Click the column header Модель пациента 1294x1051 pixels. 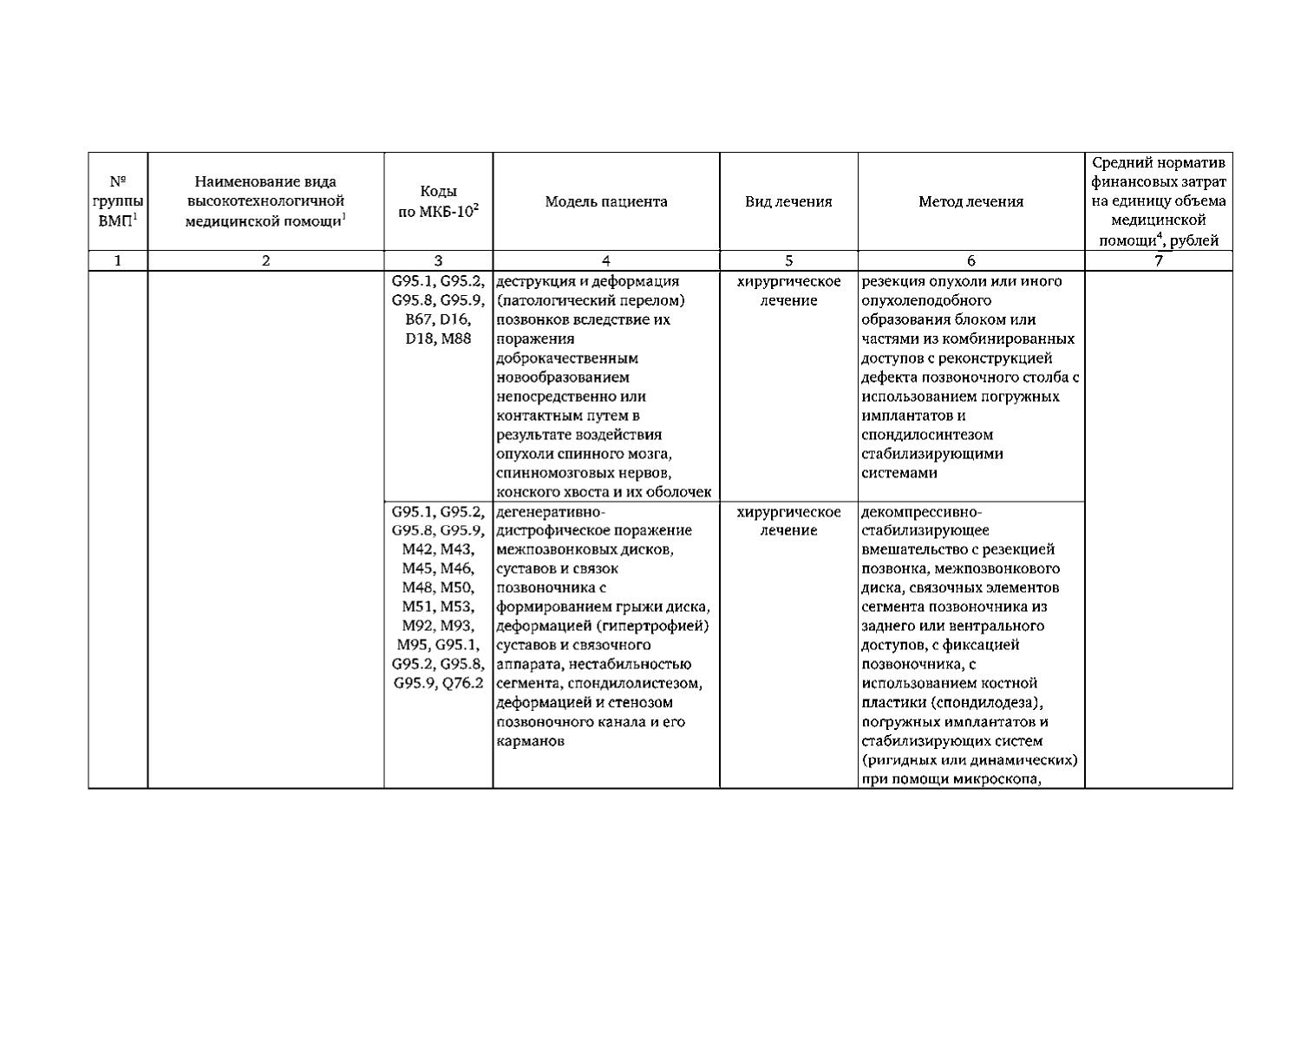click(x=605, y=202)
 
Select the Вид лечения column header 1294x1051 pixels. click(x=788, y=202)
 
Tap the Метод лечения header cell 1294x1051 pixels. click(x=970, y=202)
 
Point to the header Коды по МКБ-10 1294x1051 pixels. click(x=438, y=202)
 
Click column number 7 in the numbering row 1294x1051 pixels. click(x=1158, y=260)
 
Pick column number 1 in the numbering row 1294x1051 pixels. click(x=118, y=260)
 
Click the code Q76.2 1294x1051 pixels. click(x=462, y=683)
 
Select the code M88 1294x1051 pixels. click(x=457, y=338)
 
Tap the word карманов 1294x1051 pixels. click(x=530, y=741)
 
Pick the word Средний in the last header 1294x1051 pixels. click(x=1120, y=163)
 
